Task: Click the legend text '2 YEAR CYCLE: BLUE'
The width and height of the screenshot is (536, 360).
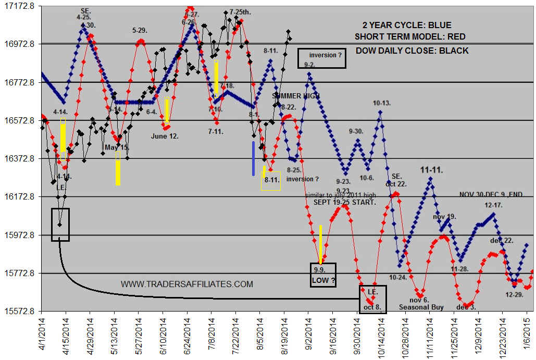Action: coord(407,25)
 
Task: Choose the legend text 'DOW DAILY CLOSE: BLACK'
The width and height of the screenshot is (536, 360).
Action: coord(412,51)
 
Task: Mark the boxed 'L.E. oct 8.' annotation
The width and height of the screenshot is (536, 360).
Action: coord(373,299)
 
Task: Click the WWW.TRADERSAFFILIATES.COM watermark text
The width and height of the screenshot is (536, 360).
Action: coord(187,284)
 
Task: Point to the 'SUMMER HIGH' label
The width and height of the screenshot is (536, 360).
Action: coord(296,96)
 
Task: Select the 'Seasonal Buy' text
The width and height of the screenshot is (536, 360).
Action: coord(421,307)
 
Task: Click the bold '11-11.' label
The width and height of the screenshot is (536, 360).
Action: coord(431,170)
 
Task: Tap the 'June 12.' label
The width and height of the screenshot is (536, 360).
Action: coord(165,136)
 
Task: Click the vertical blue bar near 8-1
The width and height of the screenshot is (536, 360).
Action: coord(253,158)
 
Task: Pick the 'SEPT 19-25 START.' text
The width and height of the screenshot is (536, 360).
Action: coord(344,202)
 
